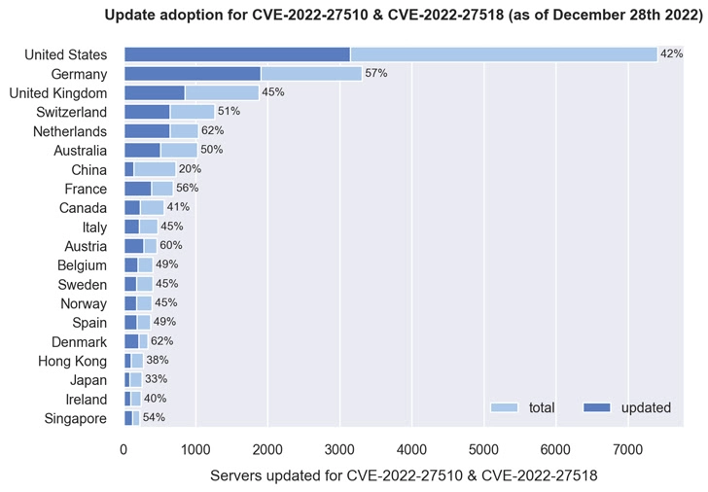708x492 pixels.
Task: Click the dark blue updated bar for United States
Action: click(237, 54)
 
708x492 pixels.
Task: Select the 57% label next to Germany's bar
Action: click(376, 73)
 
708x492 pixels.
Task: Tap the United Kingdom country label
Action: click(57, 92)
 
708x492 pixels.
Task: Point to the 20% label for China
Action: click(190, 169)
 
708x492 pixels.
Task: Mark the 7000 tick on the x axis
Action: click(627, 449)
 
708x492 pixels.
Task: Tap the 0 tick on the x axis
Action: click(124, 449)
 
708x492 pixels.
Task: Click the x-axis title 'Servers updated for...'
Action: click(403, 475)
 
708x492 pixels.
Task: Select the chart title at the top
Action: click(403, 16)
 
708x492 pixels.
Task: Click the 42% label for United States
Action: click(671, 54)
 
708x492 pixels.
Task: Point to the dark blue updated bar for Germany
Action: click(193, 73)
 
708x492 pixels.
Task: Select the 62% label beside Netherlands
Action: click(212, 130)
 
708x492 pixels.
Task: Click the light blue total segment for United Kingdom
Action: click(222, 92)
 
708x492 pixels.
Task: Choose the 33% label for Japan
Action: click(156, 379)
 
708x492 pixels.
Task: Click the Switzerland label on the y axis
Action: click(71, 112)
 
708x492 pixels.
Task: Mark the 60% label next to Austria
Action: click(171, 245)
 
